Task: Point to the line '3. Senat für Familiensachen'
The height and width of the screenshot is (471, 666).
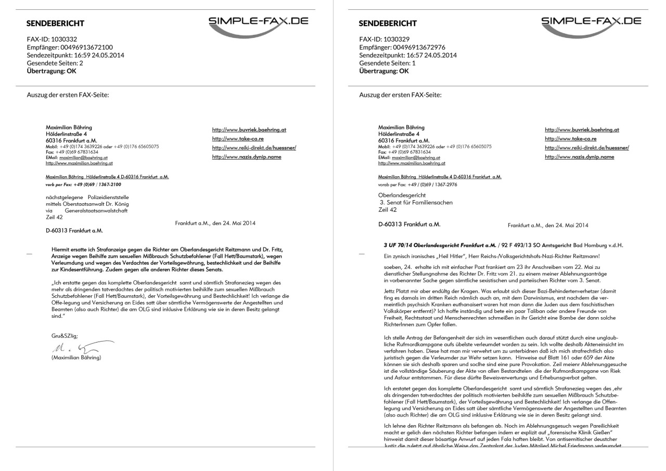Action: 416,203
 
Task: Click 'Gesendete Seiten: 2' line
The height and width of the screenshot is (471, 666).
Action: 55,63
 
